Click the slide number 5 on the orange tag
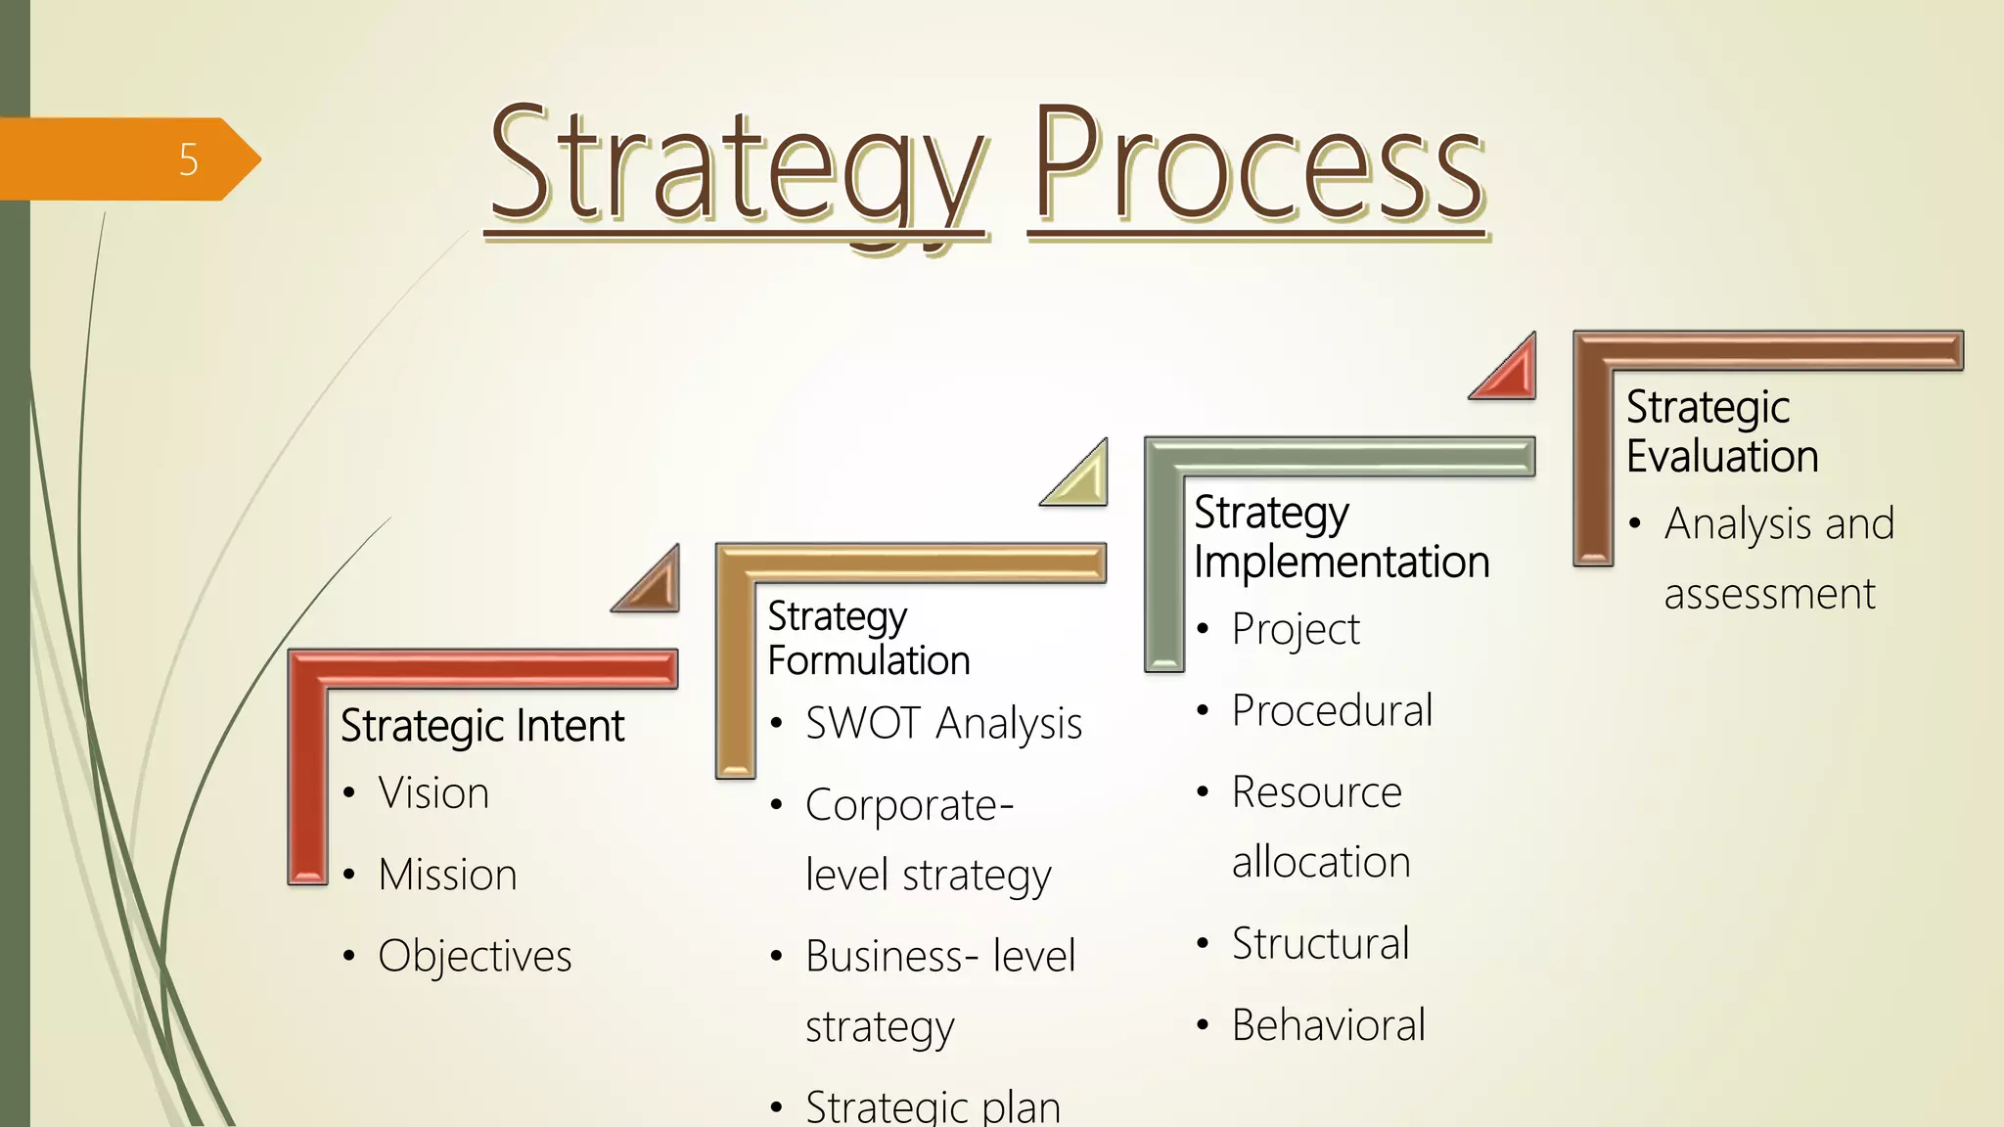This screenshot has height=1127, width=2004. point(189,159)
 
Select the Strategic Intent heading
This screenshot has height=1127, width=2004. point(481,726)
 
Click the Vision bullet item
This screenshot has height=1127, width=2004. point(433,792)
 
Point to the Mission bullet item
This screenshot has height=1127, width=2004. point(447,875)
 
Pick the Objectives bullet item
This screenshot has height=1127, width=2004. point(475,956)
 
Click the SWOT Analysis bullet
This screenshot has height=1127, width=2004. point(943,724)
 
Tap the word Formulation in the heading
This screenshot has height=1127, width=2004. point(869,661)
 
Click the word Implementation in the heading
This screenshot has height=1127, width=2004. point(1342,563)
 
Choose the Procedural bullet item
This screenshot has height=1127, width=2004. point(1332,710)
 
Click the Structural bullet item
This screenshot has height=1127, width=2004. point(1320,944)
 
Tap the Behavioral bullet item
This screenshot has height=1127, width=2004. point(1328,1025)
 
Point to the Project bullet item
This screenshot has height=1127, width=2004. point(1296,629)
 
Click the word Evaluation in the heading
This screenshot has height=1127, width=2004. point(1722,457)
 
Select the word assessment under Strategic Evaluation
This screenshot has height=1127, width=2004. point(1769,594)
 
